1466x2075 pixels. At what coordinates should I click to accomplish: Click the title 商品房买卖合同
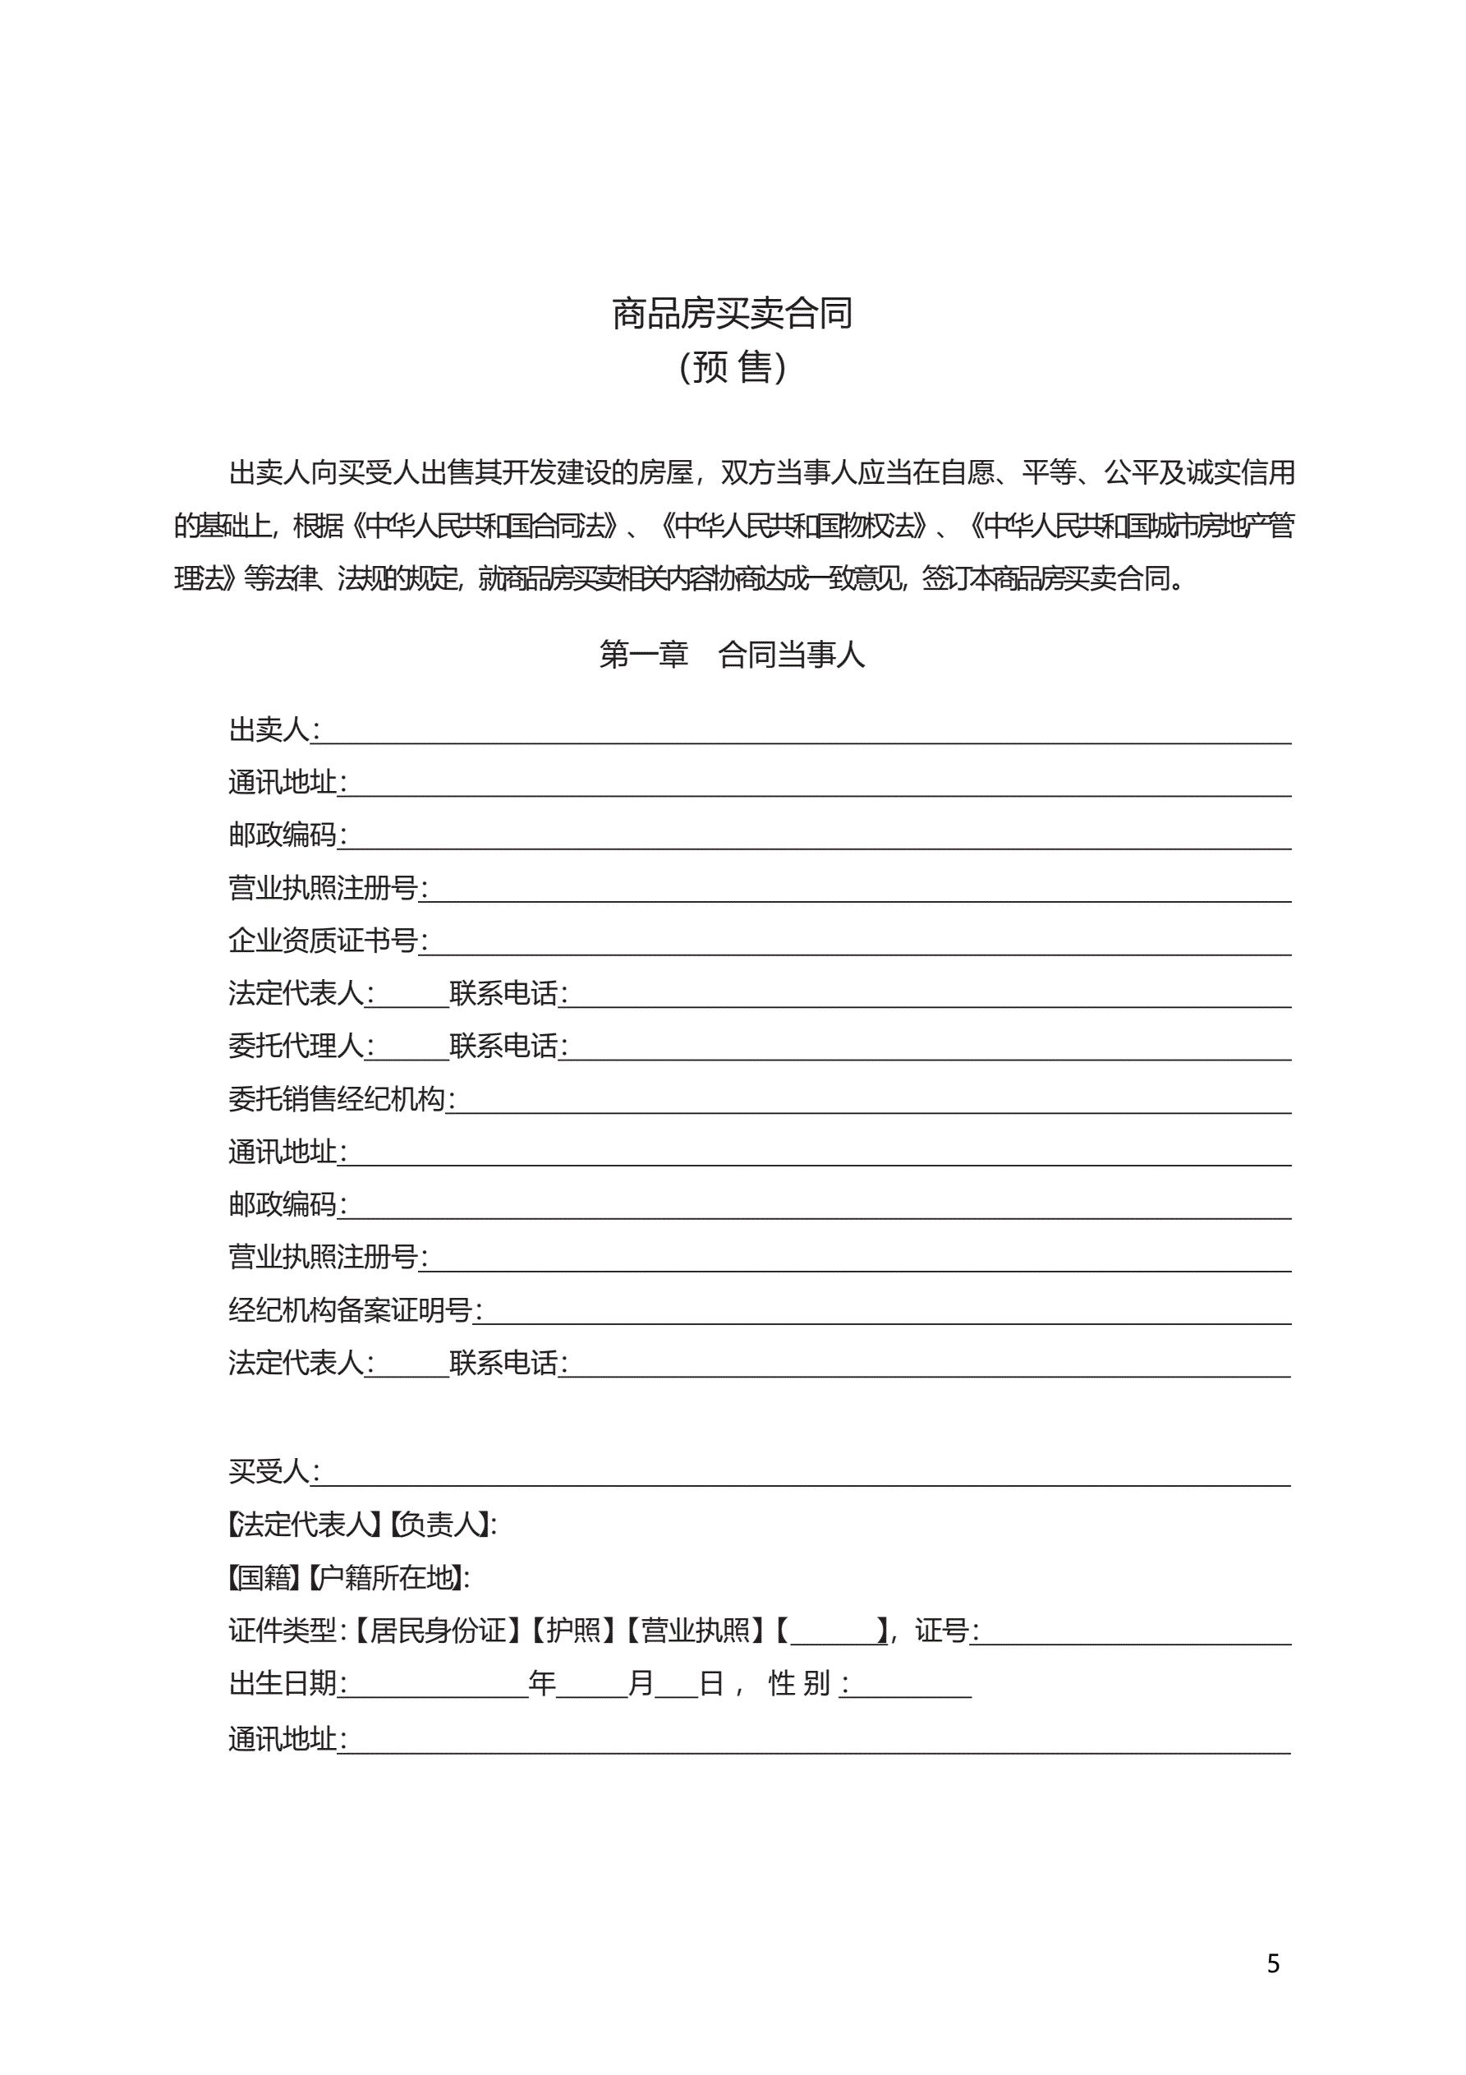click(x=732, y=314)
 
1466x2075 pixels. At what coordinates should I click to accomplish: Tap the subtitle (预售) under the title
click(x=732, y=367)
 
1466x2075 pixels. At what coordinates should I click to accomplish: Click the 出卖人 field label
click(x=269, y=729)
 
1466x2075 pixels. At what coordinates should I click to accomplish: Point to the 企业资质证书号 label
click(x=323, y=940)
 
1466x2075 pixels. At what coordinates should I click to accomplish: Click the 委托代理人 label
click(x=296, y=1046)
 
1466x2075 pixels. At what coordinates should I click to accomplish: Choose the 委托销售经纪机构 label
click(x=337, y=1099)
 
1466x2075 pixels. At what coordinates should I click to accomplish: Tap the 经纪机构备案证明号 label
click(x=351, y=1309)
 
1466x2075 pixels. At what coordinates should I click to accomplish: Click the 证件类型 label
click(x=283, y=1631)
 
